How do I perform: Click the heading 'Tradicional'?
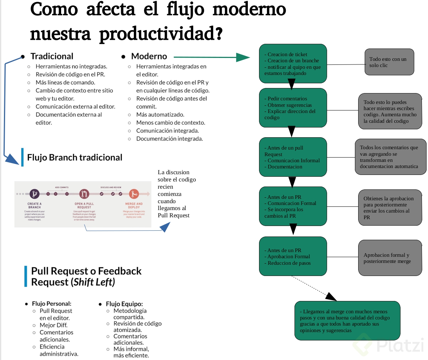coord(52,56)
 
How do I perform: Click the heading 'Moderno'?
coord(149,56)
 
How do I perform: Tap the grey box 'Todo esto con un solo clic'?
coord(389,62)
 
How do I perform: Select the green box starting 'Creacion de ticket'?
coord(293,64)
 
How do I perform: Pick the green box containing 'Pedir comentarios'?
coord(293,108)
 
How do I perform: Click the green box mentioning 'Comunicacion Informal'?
coord(293,157)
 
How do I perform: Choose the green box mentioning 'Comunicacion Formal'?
coord(293,206)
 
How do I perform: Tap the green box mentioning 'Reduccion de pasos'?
coord(293,256)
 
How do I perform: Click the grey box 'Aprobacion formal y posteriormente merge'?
coord(390,258)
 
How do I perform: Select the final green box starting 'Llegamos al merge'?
coord(347,321)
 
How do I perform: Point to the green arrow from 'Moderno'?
coord(210,57)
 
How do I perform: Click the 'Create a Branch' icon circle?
coord(34,194)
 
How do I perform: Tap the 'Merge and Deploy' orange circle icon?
coord(134,194)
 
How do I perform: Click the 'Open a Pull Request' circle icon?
coord(84,194)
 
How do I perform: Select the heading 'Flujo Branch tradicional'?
coord(75,158)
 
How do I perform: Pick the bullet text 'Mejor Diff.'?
coord(54,325)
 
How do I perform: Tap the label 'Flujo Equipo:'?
coord(124,304)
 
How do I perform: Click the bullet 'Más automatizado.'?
coord(160,114)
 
